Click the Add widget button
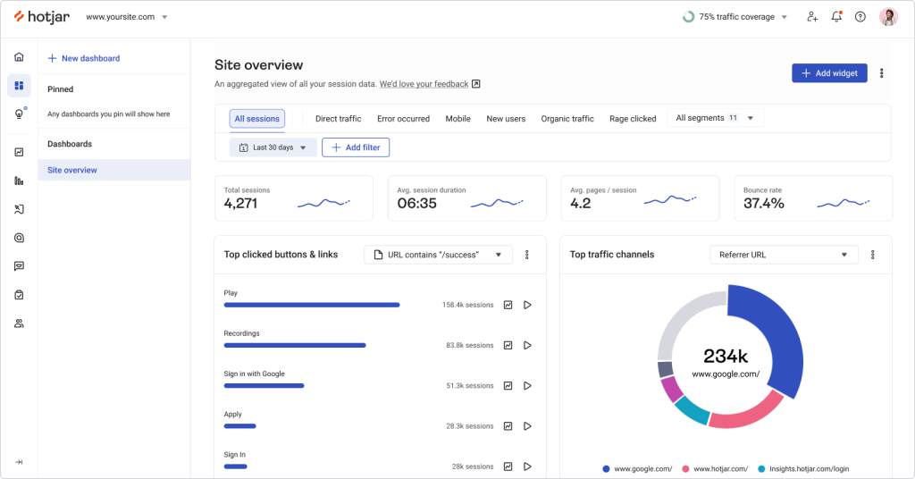pyautogui.click(x=829, y=73)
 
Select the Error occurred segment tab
pyautogui.click(x=403, y=119)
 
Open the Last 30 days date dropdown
pyautogui.click(x=273, y=147)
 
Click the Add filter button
pyautogui.click(x=356, y=147)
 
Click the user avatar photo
pyautogui.click(x=888, y=17)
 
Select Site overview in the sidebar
pyautogui.click(x=72, y=170)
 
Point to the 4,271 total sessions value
pyautogui.click(x=240, y=204)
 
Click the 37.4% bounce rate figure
pyautogui.click(x=764, y=204)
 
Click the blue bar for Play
pyautogui.click(x=311, y=305)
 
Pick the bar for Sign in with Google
pyautogui.click(x=264, y=385)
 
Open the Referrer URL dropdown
pyautogui.click(x=784, y=255)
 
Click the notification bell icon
pyautogui.click(x=836, y=17)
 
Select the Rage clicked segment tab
pyautogui.click(x=633, y=119)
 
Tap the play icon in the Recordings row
pyautogui.click(x=527, y=345)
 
